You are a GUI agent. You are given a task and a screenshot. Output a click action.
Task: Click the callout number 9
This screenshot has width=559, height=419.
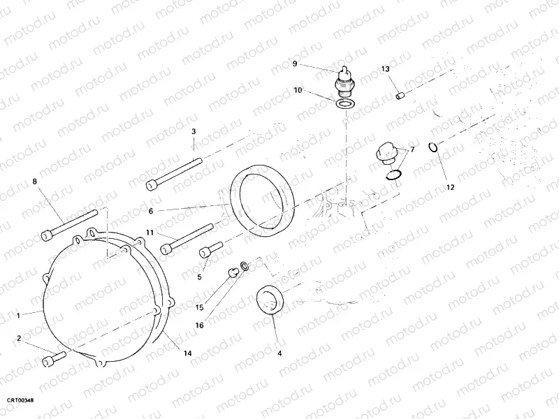pyautogui.click(x=295, y=64)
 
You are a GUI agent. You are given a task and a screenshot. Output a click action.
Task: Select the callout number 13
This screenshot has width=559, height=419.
pyautogui.click(x=385, y=68)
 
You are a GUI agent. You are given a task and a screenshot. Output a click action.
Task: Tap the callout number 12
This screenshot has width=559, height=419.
pyautogui.click(x=450, y=186)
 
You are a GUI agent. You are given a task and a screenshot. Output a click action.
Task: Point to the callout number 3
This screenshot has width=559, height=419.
pyautogui.click(x=194, y=131)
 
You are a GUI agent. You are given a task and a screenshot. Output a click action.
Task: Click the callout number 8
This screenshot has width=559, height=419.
pyautogui.click(x=34, y=182)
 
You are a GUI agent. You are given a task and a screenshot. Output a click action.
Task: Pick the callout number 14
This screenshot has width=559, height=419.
pyautogui.click(x=187, y=354)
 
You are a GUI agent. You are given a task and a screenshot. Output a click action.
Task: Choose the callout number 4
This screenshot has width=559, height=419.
pyautogui.click(x=279, y=353)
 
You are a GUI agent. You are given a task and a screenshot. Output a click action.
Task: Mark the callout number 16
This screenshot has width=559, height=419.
pyautogui.click(x=199, y=325)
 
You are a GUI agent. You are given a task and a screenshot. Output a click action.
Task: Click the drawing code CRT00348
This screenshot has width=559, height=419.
pyautogui.click(x=20, y=400)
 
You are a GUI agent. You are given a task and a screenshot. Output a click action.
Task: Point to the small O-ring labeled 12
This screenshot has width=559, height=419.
pyautogui.click(x=433, y=147)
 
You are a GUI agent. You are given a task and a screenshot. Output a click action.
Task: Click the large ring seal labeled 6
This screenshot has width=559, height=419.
pyautogui.click(x=263, y=198)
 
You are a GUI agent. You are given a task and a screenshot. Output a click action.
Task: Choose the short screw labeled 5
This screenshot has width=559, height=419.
pyautogui.click(x=212, y=249)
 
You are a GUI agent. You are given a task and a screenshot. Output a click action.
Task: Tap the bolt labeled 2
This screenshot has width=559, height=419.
pyautogui.click(x=54, y=359)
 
